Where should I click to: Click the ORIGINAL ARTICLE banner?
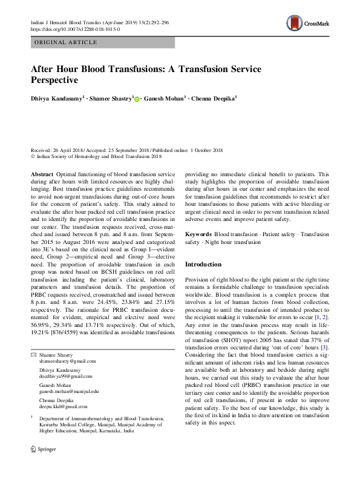coord(65,42)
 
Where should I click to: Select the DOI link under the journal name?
coord(75,28)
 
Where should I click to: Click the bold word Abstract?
coord(42,173)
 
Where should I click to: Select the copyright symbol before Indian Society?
coord(33,156)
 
